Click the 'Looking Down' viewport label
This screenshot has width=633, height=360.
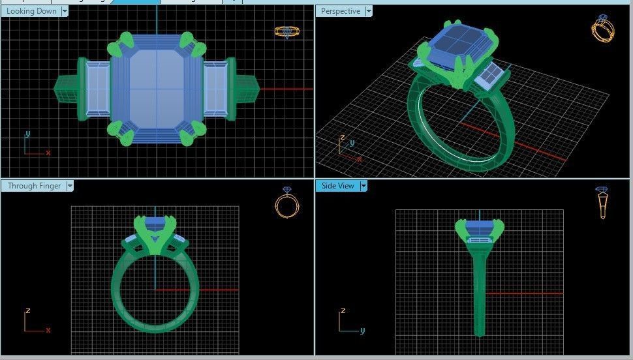(x=31, y=11)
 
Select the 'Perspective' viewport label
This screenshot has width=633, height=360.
(x=340, y=11)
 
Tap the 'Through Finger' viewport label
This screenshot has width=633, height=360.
(x=34, y=186)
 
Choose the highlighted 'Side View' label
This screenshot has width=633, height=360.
(x=337, y=186)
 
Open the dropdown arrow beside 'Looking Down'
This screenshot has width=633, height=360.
(x=65, y=11)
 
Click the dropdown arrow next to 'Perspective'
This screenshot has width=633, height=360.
(x=369, y=11)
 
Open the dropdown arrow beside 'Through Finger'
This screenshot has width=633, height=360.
(x=70, y=186)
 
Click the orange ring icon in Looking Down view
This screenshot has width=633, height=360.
(x=286, y=31)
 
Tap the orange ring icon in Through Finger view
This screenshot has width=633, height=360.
(x=287, y=204)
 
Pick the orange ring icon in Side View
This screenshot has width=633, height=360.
(x=602, y=202)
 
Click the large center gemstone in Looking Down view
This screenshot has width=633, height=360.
(x=156, y=89)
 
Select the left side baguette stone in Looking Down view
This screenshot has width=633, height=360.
(x=97, y=89)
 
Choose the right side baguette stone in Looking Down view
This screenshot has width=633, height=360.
(x=215, y=89)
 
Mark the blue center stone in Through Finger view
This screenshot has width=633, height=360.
(x=155, y=222)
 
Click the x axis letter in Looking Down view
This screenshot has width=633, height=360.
(x=48, y=153)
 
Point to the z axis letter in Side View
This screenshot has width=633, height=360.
(x=343, y=311)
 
